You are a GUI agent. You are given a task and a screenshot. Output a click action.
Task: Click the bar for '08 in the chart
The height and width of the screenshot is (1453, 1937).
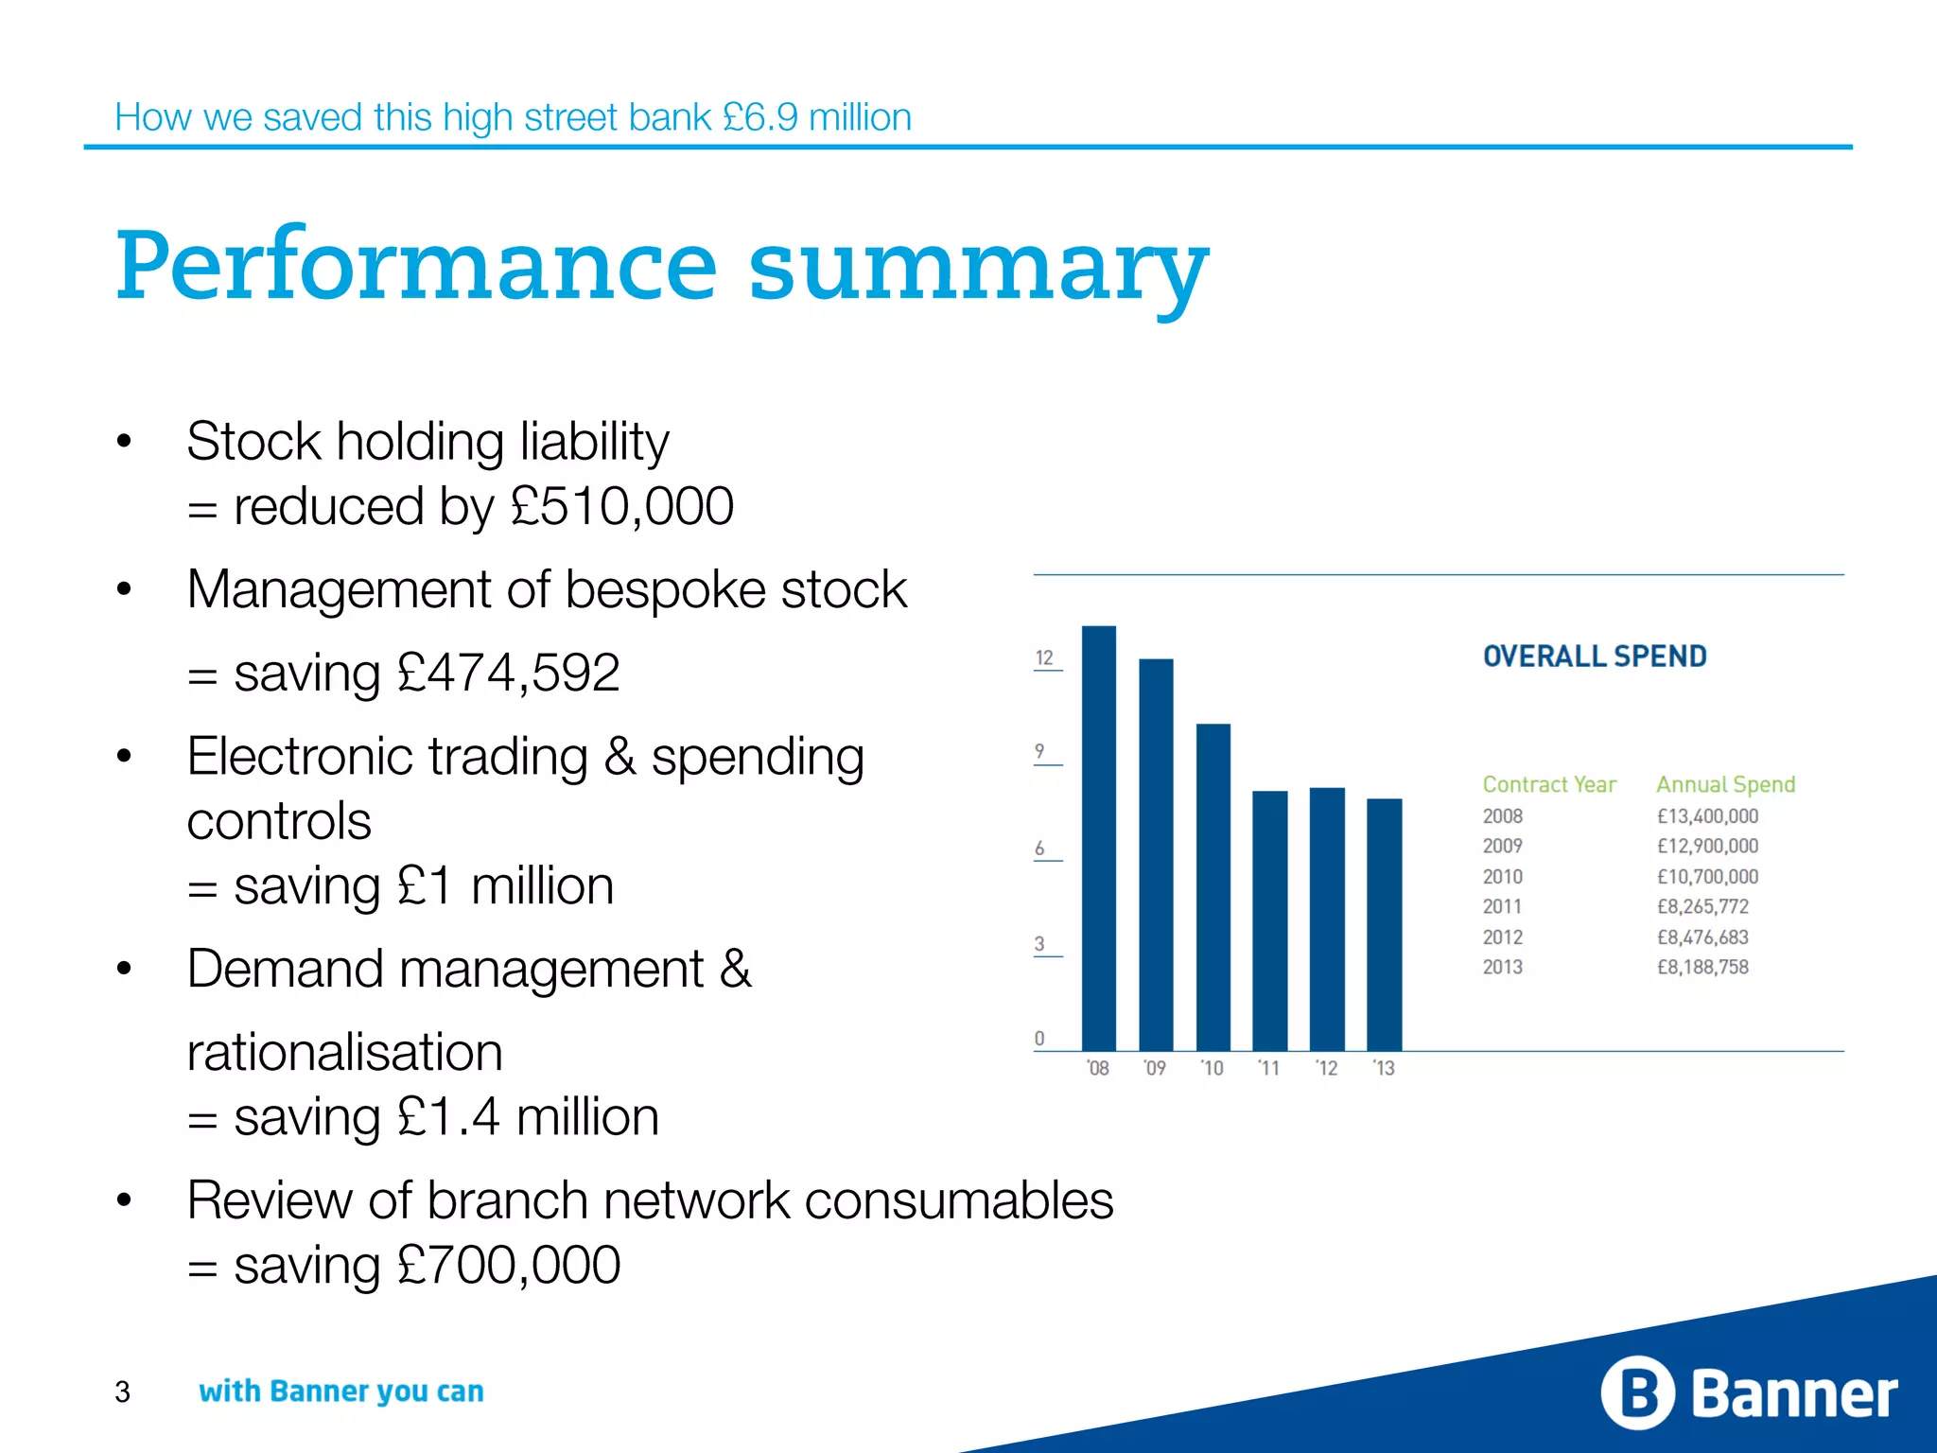(x=1098, y=837)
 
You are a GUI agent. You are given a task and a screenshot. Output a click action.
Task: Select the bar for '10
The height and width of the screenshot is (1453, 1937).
(x=1213, y=886)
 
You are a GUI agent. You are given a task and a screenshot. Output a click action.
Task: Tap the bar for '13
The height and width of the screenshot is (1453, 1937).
(x=1384, y=924)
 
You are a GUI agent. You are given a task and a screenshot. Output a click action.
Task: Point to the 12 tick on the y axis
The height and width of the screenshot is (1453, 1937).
(x=1044, y=657)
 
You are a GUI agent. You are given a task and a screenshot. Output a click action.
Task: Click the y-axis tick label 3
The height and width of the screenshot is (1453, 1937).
(x=1039, y=943)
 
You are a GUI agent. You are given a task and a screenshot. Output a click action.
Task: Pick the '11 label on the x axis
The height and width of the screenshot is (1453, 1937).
(x=1269, y=1068)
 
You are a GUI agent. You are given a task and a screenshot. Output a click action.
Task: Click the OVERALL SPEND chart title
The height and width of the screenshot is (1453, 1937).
(x=1595, y=656)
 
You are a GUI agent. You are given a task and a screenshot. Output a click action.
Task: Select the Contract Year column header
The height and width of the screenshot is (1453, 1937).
(x=1549, y=784)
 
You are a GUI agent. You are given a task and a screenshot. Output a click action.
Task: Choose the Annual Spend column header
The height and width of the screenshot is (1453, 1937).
(x=1725, y=784)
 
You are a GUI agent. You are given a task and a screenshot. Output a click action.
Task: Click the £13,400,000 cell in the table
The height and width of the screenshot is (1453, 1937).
(x=1707, y=815)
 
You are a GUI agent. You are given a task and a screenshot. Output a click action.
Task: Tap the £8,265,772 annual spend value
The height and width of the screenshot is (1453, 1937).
(x=1702, y=906)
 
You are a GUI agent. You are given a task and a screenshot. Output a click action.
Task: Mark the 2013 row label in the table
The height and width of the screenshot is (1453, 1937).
(x=1502, y=967)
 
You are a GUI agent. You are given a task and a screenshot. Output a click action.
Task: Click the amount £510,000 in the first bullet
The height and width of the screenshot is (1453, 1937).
(x=621, y=506)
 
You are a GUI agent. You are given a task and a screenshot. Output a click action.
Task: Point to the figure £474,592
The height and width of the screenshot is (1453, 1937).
(x=508, y=673)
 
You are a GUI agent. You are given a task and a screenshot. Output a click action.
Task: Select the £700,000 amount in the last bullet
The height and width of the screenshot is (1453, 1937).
(x=508, y=1265)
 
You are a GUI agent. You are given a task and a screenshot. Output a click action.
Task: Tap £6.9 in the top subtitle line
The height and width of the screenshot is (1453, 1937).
(x=759, y=117)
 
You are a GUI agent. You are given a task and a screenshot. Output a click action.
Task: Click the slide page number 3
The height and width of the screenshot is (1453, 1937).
(x=122, y=1392)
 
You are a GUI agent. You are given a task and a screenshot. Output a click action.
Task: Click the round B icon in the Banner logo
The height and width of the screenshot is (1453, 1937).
(x=1637, y=1392)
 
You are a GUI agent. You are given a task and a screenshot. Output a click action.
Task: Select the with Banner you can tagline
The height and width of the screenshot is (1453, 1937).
(x=340, y=1392)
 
